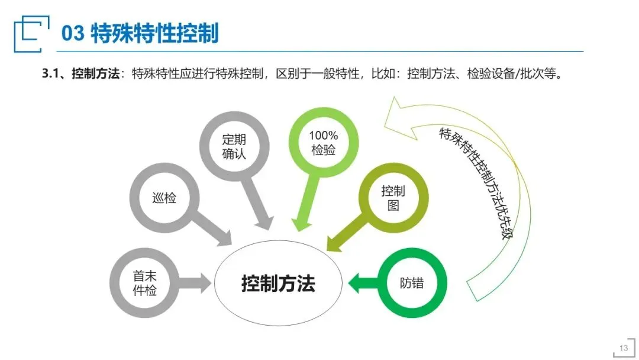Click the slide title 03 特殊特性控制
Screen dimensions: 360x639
tap(140, 33)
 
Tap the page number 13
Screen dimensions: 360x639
tap(623, 348)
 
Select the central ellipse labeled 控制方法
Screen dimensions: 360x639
tap(277, 284)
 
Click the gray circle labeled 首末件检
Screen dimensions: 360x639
tap(145, 283)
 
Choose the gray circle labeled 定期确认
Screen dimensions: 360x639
tap(234, 147)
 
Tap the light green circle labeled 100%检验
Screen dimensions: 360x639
tap(323, 143)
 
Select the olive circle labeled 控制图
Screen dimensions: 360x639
tap(393, 198)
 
